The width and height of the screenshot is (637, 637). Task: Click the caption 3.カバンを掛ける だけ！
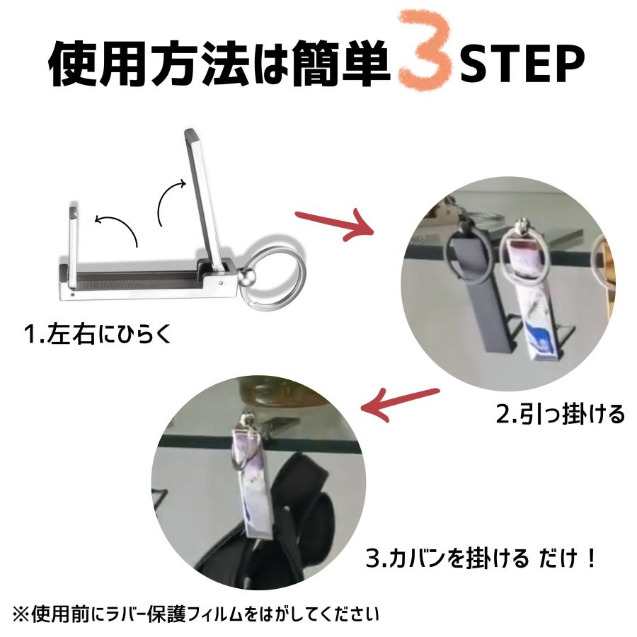click(482, 558)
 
